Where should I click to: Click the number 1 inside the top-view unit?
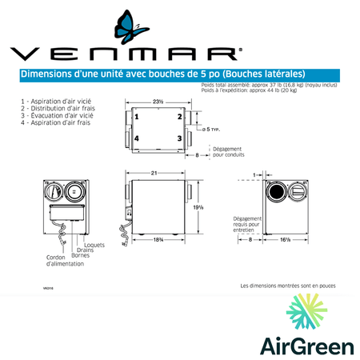[x=137, y=117]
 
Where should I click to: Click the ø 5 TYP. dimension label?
[x=211, y=128]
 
